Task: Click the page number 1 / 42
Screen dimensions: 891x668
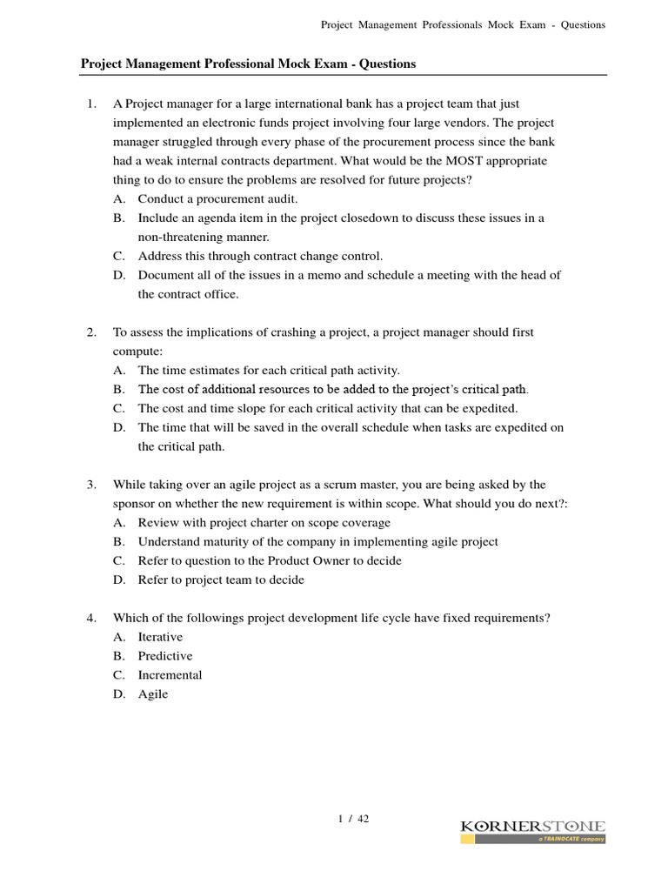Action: point(352,818)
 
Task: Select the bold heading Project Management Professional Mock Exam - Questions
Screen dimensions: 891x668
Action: point(248,64)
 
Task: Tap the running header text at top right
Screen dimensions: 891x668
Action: point(463,24)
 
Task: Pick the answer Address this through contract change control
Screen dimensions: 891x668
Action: point(260,256)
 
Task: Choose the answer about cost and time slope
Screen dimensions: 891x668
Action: point(327,408)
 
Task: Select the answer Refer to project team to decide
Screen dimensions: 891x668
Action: point(221,579)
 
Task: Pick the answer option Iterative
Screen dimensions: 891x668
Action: point(160,637)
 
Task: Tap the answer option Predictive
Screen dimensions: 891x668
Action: point(165,656)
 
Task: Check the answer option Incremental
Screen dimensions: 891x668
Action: point(170,675)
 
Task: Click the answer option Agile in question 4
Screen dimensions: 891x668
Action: point(153,694)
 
